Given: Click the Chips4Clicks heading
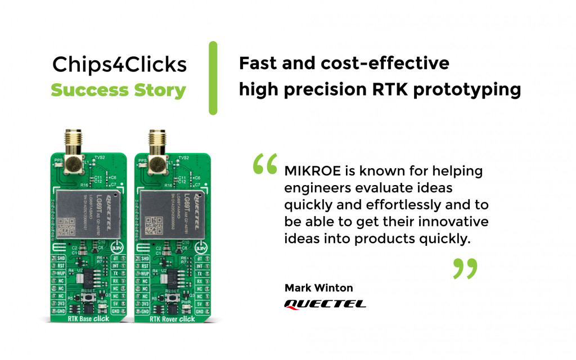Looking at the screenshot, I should tap(119, 65).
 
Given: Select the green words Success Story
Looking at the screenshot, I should tap(118, 90).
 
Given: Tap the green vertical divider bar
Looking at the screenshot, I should tap(213, 78).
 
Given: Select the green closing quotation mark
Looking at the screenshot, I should tap(465, 269).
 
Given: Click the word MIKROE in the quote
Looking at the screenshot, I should tap(309, 170).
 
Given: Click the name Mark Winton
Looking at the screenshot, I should tap(319, 288).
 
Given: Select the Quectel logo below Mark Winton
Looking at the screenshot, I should tap(325, 304).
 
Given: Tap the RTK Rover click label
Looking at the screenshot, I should tap(172, 319).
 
